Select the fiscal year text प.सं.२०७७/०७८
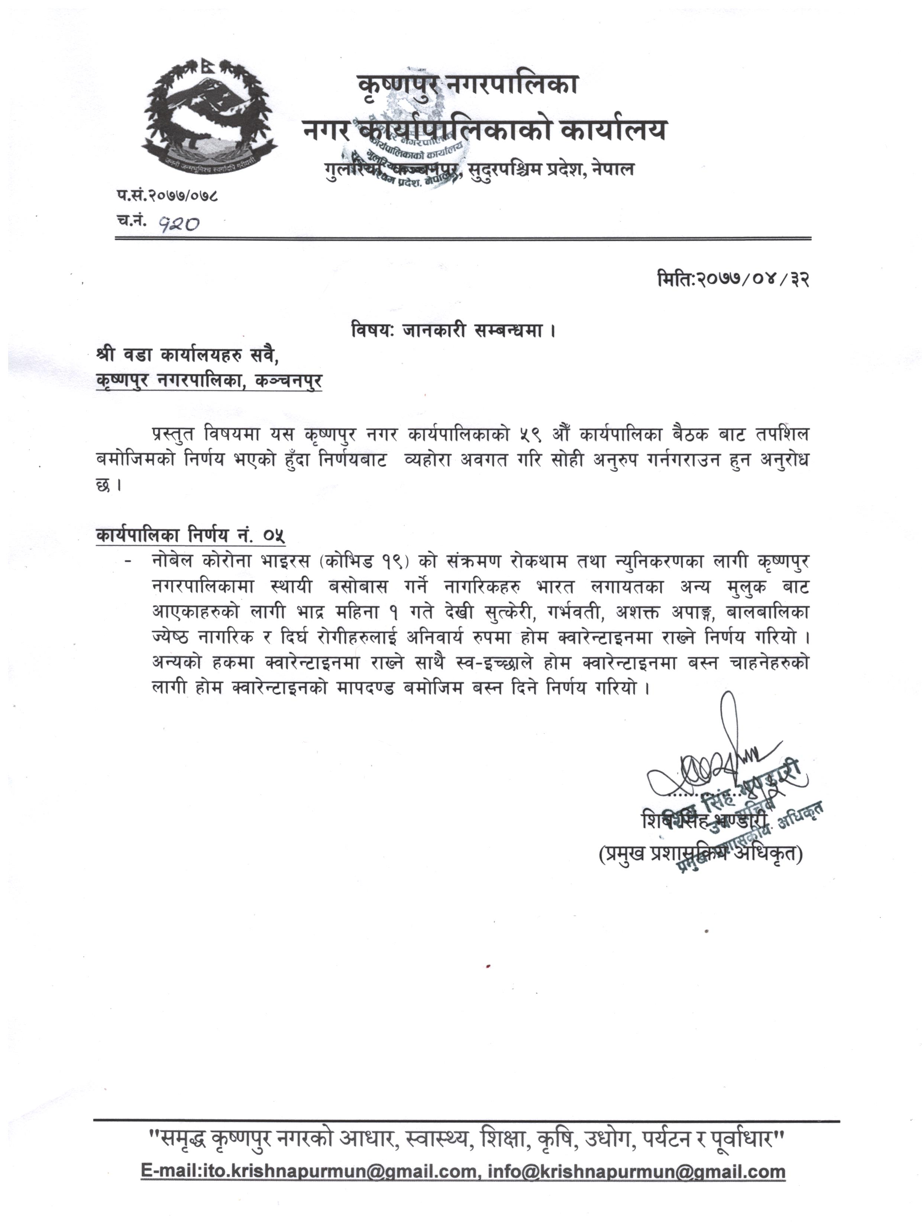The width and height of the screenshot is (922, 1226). [x=167, y=196]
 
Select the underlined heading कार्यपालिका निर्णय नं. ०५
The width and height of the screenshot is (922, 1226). [x=190, y=535]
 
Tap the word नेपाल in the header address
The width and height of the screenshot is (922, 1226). [x=613, y=169]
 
